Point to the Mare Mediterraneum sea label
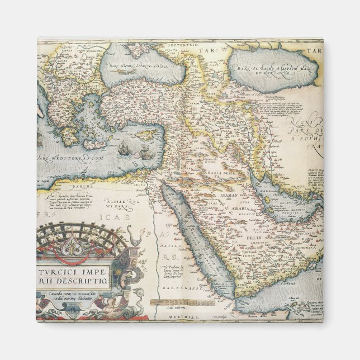click(73, 158)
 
